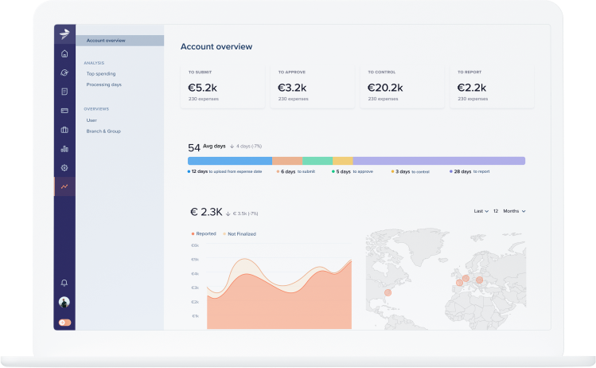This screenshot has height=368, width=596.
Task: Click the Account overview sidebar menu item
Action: tap(106, 40)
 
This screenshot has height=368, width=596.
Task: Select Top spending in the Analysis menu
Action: tap(100, 73)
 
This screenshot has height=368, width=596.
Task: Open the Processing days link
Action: tap(103, 84)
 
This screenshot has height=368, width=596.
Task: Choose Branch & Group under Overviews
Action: tap(103, 131)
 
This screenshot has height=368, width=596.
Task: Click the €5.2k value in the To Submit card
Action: tap(201, 88)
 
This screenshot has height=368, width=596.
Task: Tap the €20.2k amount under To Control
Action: tap(385, 88)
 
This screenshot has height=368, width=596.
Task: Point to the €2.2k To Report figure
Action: tap(472, 88)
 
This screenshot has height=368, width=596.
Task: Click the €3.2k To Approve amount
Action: tap(291, 88)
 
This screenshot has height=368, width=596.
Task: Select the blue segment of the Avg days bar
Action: tap(230, 161)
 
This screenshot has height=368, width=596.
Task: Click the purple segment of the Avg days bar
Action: tap(438, 161)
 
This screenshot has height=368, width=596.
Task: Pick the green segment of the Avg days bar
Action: tap(317, 161)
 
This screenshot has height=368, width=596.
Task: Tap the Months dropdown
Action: tap(513, 211)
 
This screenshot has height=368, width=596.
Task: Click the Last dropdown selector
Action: tap(481, 211)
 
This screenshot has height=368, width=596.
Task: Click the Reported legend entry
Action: tap(205, 233)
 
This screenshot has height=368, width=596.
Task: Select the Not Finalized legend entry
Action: tap(240, 233)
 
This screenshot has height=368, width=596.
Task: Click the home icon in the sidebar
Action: tap(64, 54)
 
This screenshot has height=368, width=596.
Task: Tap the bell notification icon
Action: tap(64, 283)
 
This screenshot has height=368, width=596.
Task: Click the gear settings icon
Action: tap(64, 167)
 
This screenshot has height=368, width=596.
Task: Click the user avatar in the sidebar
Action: tap(64, 303)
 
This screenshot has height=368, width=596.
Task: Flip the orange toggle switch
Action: tap(64, 323)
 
